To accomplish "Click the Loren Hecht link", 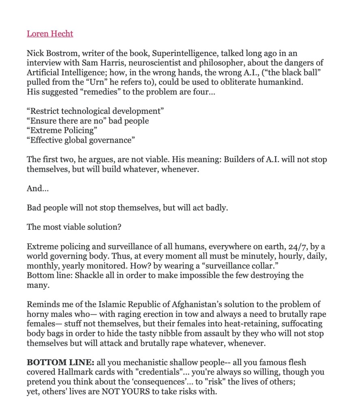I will [x=50, y=34].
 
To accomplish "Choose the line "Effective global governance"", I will [x=80, y=140].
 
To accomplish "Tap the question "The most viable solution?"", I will [x=74, y=227].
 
